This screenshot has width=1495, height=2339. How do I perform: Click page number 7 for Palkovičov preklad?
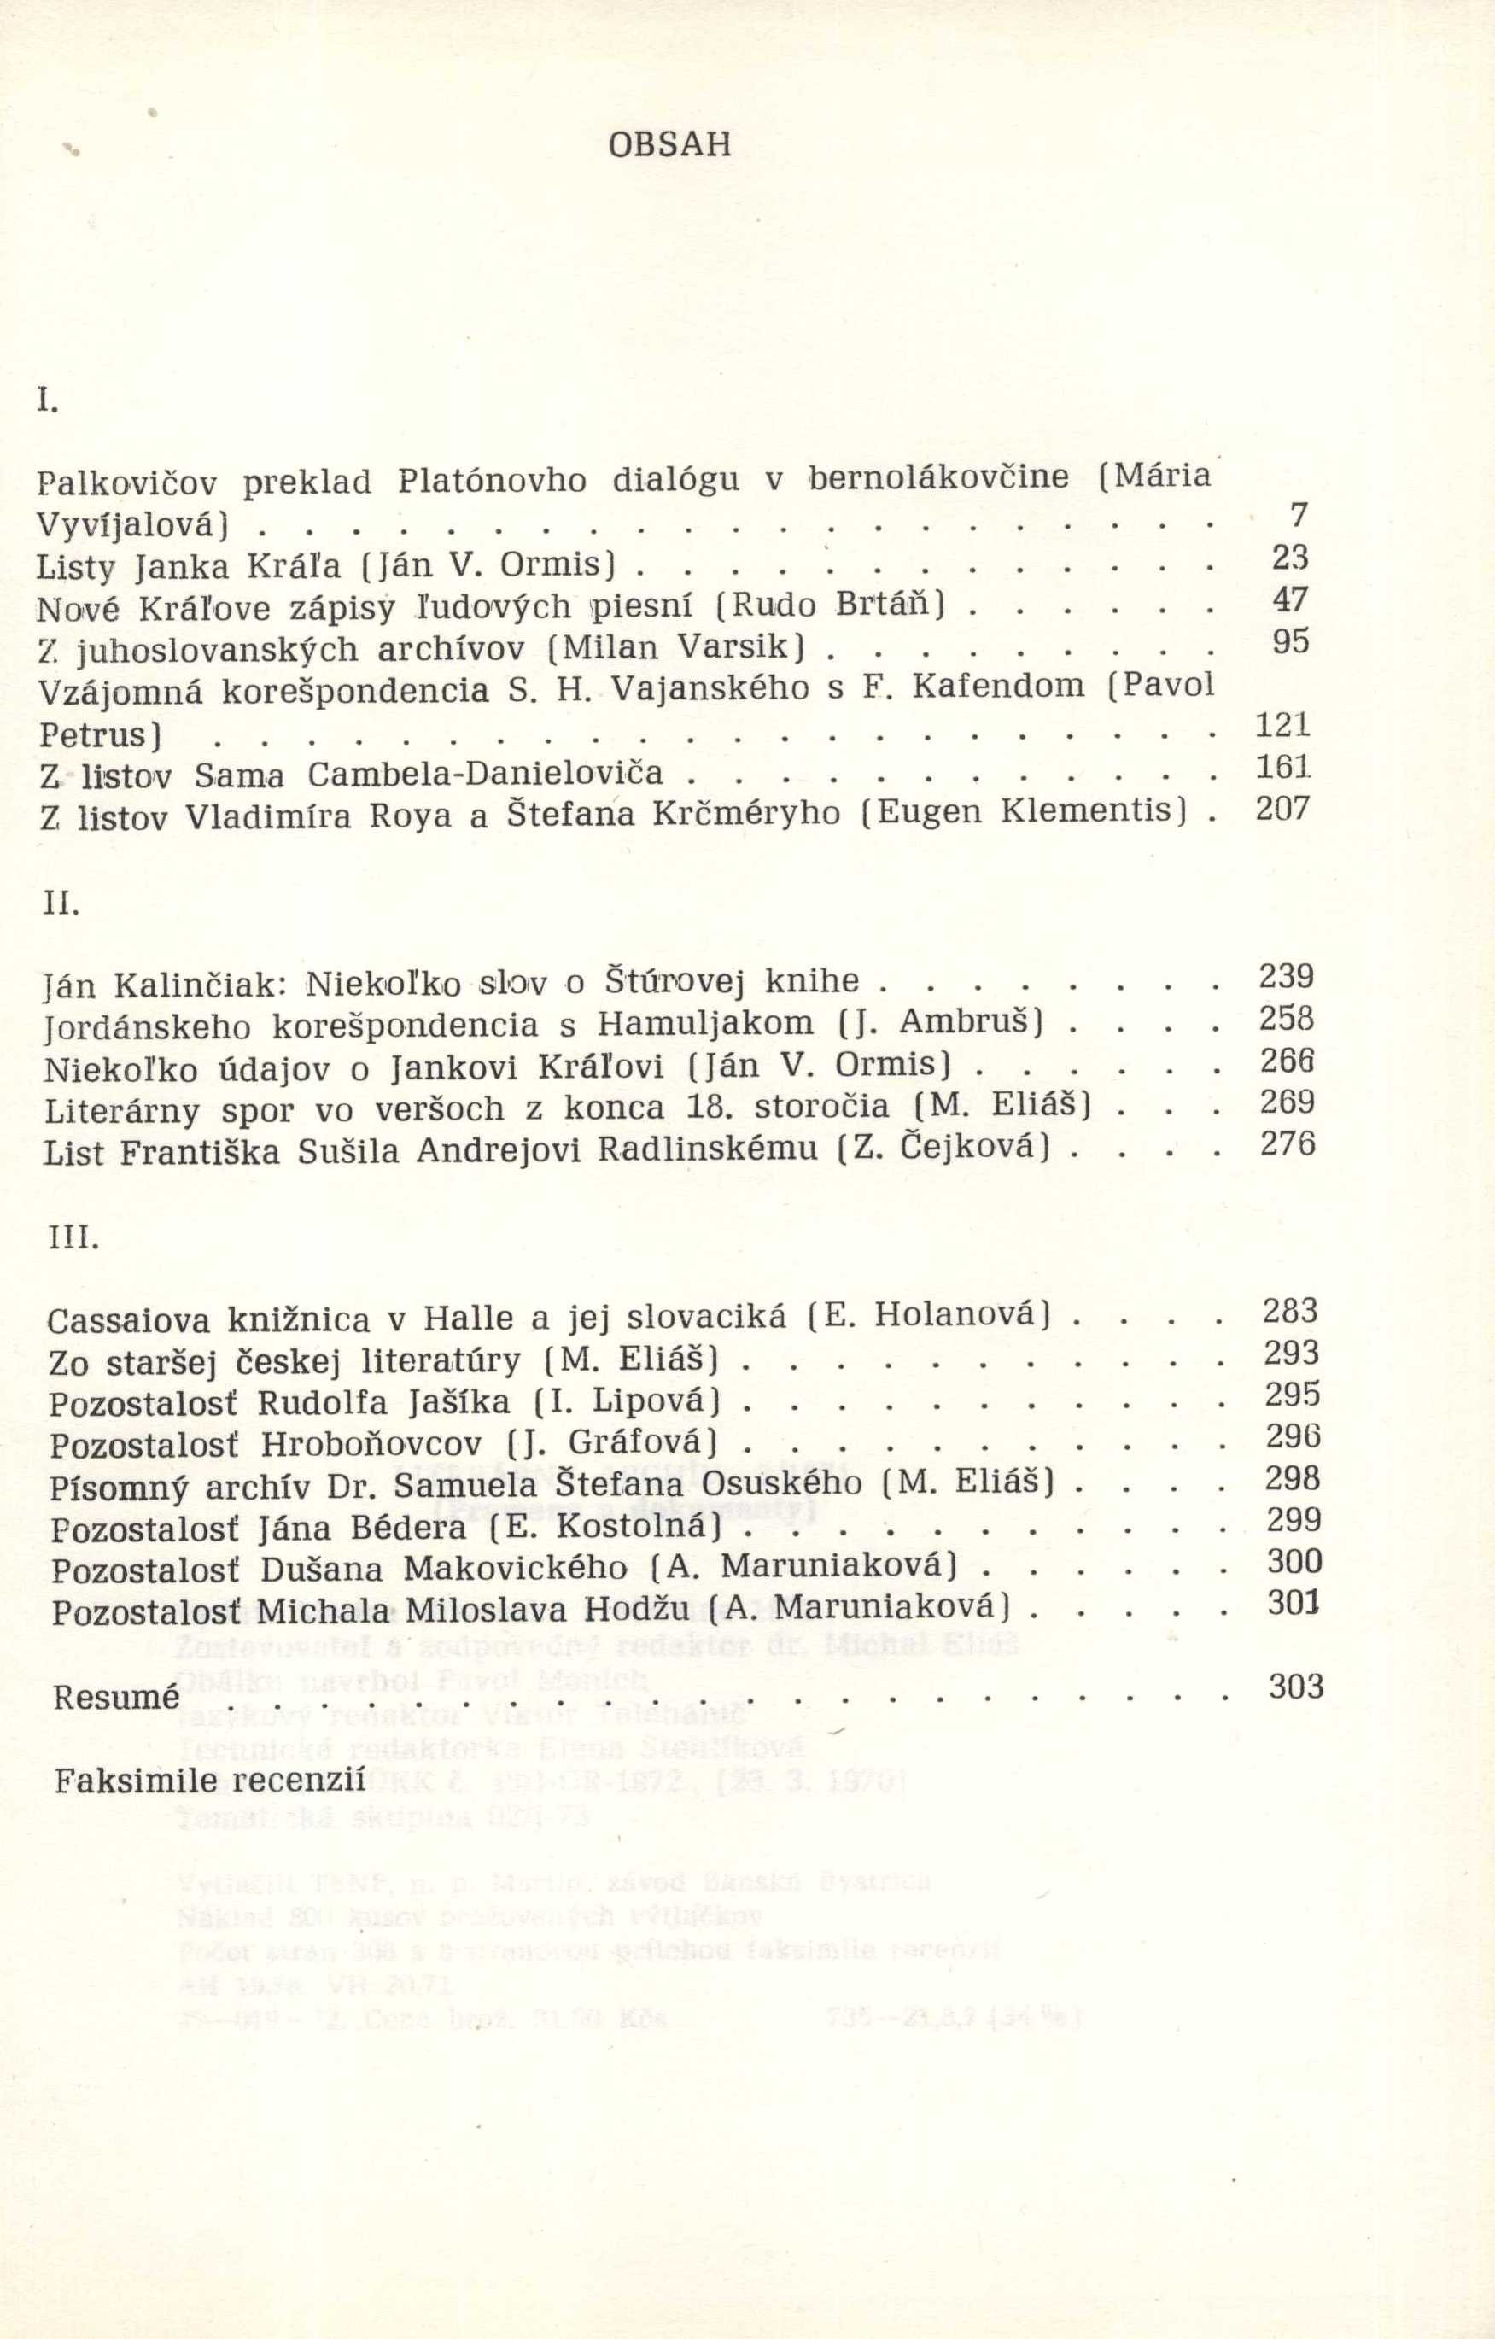[x=1299, y=515]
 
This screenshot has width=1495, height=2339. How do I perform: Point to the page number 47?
[x=1291, y=599]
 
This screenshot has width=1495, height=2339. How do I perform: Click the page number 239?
[x=1286, y=975]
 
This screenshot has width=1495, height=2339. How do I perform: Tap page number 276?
[x=1288, y=1143]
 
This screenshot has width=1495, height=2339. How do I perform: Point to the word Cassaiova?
[x=127, y=1321]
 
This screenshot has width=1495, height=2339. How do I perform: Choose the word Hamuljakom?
[x=706, y=1024]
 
